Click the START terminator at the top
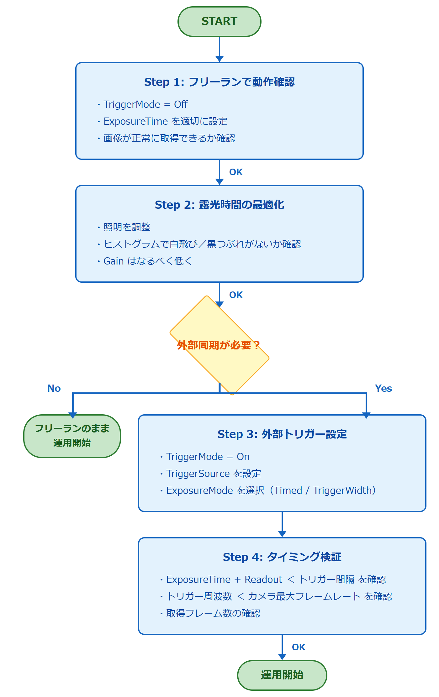tap(219, 21)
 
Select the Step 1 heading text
tap(219, 82)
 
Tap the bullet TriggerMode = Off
tap(145, 104)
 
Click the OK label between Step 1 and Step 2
tap(236, 172)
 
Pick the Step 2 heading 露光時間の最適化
tap(219, 205)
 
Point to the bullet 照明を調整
tap(127, 227)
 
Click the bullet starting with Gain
tap(147, 261)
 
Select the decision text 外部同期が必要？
tap(219, 345)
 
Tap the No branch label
tap(54, 388)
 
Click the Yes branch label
tap(383, 388)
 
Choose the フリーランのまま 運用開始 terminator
tap(72, 436)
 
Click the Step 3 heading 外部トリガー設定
tap(282, 434)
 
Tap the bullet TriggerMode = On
tap(208, 457)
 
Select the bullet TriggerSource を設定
tap(214, 474)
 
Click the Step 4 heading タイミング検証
tap(282, 557)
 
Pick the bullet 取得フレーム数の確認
tap(213, 613)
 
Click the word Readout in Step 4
tap(263, 579)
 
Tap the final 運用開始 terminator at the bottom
tap(282, 675)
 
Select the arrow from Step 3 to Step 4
tap(282, 524)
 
